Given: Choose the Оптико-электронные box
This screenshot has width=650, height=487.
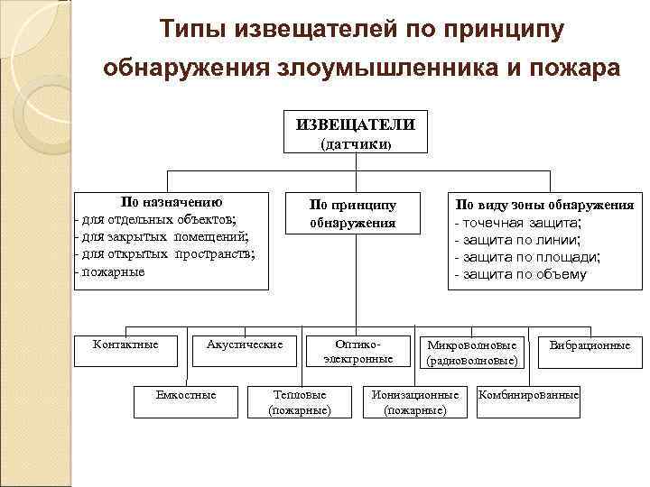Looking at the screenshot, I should (358, 351).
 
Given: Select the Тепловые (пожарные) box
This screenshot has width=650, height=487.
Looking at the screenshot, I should (300, 401).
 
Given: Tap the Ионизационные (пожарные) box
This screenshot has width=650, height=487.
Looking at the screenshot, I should (415, 401).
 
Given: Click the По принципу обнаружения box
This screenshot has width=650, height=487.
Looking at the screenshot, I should (353, 213).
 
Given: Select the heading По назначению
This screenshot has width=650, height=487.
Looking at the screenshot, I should (172, 202).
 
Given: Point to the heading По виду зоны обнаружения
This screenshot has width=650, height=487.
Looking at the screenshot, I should (544, 205).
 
